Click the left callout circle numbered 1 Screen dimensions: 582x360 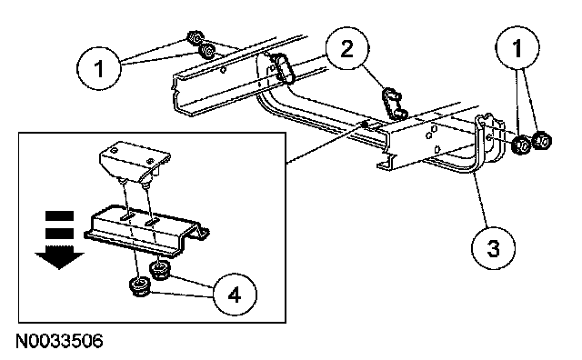coord(99,68)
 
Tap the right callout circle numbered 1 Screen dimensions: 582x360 coord(517,48)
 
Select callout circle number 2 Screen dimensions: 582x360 coord(347,48)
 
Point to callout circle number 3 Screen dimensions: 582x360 coord(493,247)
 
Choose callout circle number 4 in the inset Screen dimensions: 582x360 coord(235,295)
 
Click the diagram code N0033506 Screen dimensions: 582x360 coord(59,341)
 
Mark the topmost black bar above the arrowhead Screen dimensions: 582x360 coord(59,216)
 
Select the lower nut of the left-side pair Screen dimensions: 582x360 coord(206,51)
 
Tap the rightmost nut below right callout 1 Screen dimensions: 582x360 coord(542,140)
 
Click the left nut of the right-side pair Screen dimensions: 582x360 coord(522,145)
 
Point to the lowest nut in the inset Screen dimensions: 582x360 coord(140,287)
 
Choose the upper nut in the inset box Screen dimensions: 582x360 coord(160,270)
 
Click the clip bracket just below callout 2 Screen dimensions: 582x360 coord(394,103)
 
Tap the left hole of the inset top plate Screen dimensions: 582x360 coord(115,150)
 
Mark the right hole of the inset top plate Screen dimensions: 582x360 coord(150,161)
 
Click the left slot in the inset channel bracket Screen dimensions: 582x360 coord(127,216)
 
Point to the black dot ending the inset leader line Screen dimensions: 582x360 coord(366,125)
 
